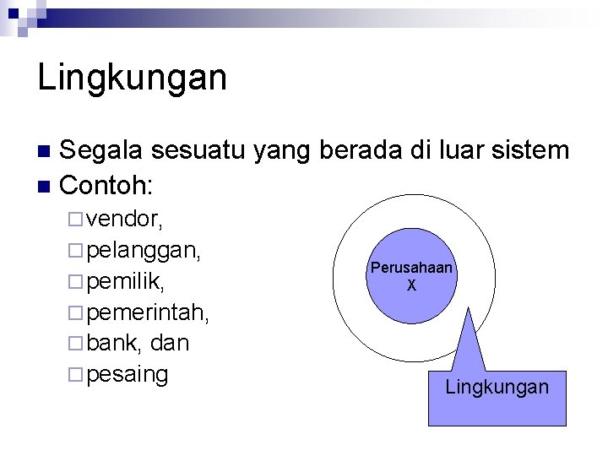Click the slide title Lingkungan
click(133, 78)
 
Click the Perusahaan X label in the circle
click(411, 276)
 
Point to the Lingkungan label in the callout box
click(497, 387)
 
